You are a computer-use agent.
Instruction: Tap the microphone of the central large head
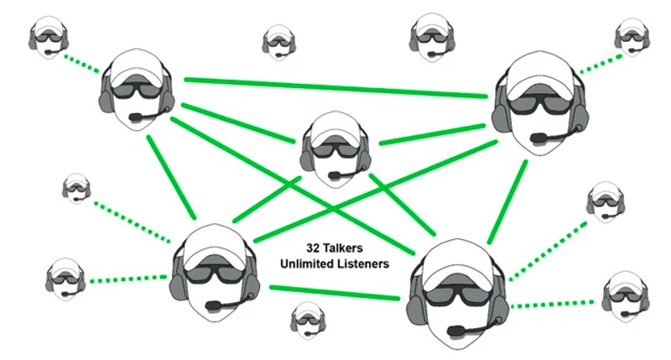click(x=335, y=176)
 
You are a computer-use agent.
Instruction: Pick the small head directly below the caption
click(x=307, y=321)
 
